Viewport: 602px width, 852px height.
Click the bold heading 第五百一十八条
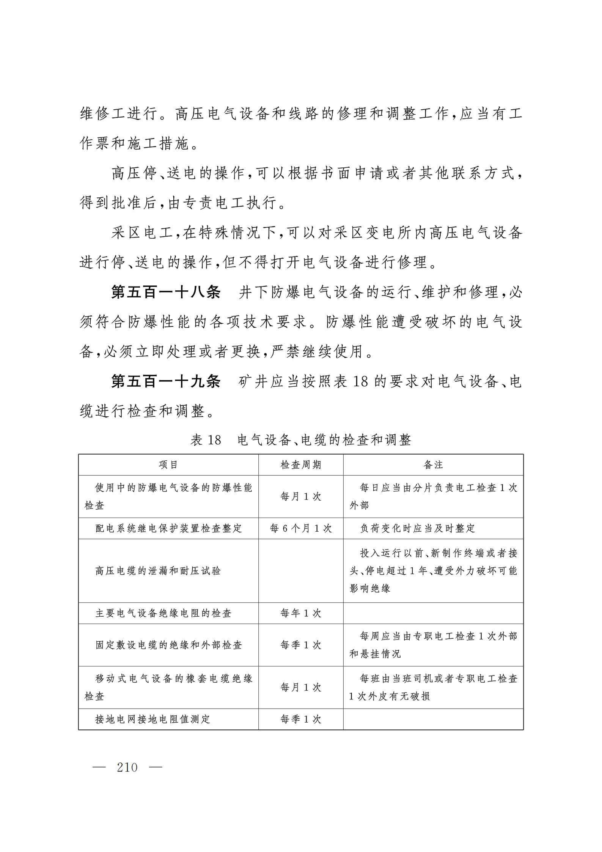[x=166, y=293]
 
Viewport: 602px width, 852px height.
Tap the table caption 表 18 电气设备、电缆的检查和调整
[x=300, y=440]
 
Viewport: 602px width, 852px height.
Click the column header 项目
[x=168, y=465]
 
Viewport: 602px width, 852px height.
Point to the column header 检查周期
[x=301, y=465]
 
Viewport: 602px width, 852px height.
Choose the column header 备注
[x=433, y=465]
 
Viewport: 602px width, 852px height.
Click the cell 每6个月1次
[x=301, y=528]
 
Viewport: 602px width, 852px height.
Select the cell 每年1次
[x=301, y=613]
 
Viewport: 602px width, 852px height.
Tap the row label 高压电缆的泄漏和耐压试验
[x=158, y=571]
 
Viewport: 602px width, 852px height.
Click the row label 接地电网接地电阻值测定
[x=153, y=719]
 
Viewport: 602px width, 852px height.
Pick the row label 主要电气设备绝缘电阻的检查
[x=163, y=613]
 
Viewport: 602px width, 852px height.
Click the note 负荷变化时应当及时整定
[x=418, y=528]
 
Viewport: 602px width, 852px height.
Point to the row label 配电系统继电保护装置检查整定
[x=169, y=528]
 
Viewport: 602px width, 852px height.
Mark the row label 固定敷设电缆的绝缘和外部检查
[x=169, y=645]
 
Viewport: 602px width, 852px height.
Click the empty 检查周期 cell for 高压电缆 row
[x=301, y=571]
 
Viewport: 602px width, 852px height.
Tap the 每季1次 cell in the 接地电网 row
[x=301, y=719]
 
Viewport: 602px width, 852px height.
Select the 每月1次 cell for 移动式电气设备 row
[x=301, y=687]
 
